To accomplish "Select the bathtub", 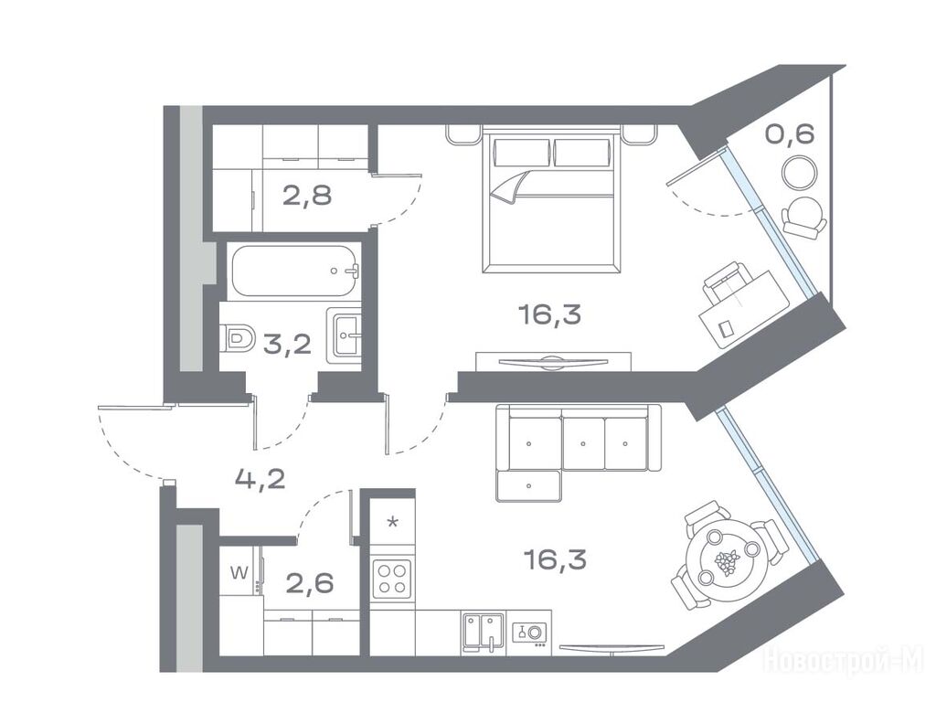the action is pos(294,271).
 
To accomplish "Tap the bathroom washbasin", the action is pos(344,335).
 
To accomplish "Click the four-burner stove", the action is pos(392,579).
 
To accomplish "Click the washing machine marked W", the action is pos(240,572).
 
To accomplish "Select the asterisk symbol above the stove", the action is pos(392,523).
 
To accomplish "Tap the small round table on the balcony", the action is pos(799,172).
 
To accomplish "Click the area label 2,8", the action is pos(307,195).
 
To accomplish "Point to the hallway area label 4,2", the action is pos(260,479).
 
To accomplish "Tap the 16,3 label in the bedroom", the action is pos(549,314).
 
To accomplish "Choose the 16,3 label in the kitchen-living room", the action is pos(554,559).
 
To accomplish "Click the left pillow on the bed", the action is pos(522,153).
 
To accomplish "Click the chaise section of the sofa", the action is pos(528,485).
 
